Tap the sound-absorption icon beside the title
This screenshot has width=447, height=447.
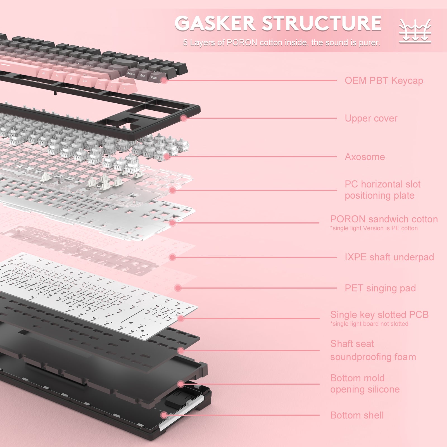click(x=415, y=31)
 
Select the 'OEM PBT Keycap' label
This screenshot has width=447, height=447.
click(x=384, y=81)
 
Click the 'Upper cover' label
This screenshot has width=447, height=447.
click(x=371, y=118)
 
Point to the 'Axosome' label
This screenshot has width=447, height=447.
click(x=365, y=157)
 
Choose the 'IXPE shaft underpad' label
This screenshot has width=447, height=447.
click(x=389, y=257)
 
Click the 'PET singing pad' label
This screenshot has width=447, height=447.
click(x=380, y=288)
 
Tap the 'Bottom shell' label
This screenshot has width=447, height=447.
click(x=357, y=415)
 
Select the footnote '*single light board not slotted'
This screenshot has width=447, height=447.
click(x=369, y=324)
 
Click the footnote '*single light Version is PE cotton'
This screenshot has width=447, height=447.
click(x=374, y=228)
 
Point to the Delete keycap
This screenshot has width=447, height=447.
click(x=131, y=74)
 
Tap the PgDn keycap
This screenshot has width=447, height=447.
click(x=154, y=78)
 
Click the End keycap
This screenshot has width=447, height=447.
click(x=142, y=76)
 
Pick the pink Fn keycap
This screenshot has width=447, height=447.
click(x=57, y=76)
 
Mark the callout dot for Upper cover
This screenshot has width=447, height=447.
click(x=184, y=118)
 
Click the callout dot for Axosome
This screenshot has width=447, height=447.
click(x=167, y=156)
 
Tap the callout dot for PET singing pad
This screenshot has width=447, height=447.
click(x=178, y=288)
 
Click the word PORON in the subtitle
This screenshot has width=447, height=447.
click(x=242, y=43)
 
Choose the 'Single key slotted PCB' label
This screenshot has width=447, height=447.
click(x=379, y=315)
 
